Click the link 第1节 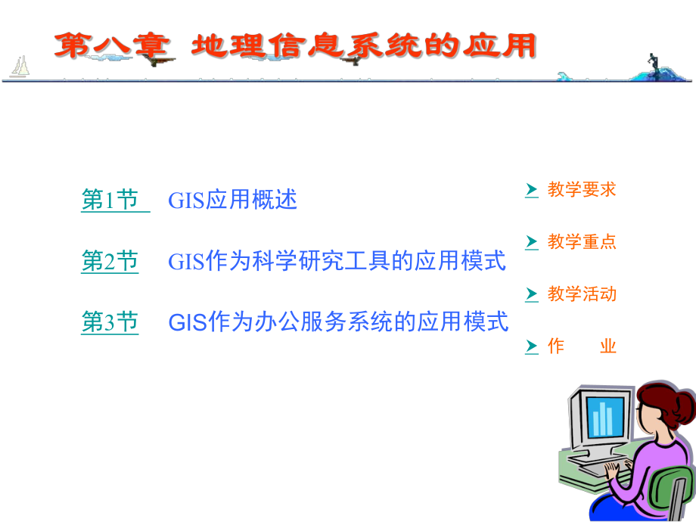coord(110,200)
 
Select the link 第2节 coord(110,262)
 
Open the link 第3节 coord(110,323)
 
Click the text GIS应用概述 coord(232,200)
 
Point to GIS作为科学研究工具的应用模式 coord(337,262)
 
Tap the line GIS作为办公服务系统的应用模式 coord(338,323)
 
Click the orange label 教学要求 coord(582,190)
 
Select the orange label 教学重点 coord(582,242)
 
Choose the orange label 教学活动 coord(582,294)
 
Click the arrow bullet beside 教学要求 coord(532,190)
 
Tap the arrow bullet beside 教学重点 coord(532,242)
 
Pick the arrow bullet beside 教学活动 coord(532,294)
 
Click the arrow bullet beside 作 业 coord(532,346)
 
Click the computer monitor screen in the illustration coord(602,418)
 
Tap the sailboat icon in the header coord(20,67)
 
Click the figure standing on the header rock coord(651,62)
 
